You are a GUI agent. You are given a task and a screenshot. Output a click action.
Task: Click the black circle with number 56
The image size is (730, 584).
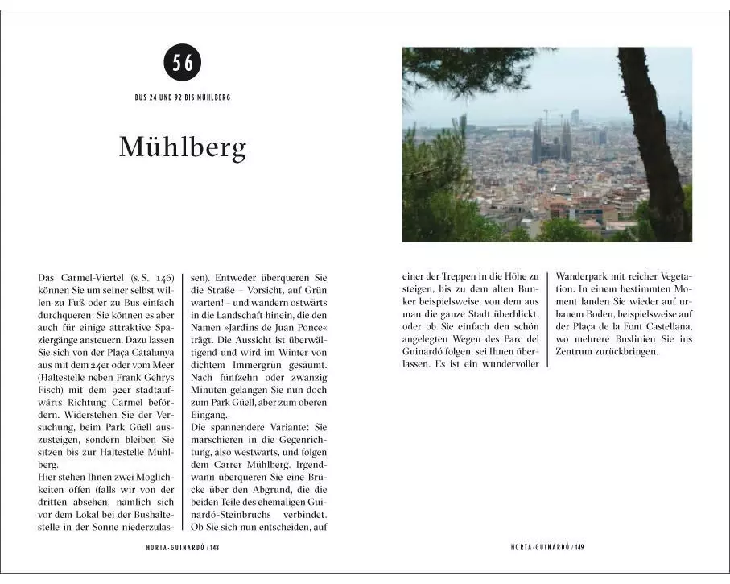click(x=183, y=63)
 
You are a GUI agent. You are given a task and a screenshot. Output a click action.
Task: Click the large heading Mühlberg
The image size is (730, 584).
click(x=183, y=147)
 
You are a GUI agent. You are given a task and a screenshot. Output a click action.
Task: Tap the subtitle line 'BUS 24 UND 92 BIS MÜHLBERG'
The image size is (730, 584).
click(x=183, y=97)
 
